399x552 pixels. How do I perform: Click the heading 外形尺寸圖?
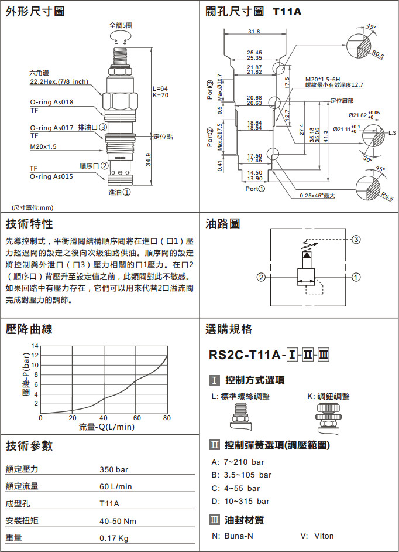click(x=35, y=12)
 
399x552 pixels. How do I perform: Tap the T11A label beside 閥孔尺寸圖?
click(x=287, y=12)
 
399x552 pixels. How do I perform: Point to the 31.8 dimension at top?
click(x=254, y=32)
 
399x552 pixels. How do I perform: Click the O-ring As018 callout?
click(x=51, y=102)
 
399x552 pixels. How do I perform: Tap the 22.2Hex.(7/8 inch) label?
click(x=59, y=81)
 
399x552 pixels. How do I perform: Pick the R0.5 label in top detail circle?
click(x=378, y=54)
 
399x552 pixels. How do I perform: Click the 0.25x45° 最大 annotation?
click(x=317, y=196)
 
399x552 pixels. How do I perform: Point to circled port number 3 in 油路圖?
click(x=356, y=239)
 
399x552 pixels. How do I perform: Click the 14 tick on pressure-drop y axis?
click(x=35, y=346)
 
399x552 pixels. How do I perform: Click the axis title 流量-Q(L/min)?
click(x=106, y=427)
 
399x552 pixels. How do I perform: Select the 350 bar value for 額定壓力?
click(x=113, y=469)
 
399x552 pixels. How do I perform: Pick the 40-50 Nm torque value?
click(x=118, y=520)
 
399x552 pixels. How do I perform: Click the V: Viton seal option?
click(x=316, y=536)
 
